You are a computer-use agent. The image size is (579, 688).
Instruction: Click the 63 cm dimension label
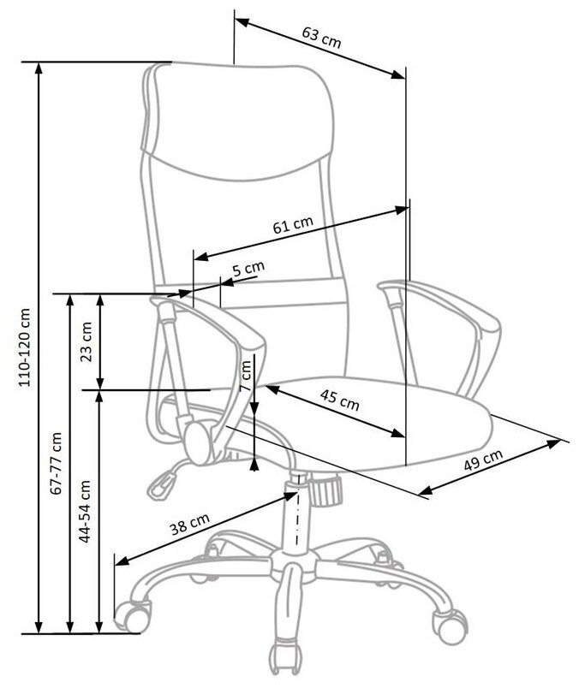point(321,37)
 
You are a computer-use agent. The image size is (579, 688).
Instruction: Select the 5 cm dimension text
point(248,269)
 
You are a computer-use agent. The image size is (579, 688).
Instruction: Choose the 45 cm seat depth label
point(339,399)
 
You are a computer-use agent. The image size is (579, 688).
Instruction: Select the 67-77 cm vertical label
point(57,462)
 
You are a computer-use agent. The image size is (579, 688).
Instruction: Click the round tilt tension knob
point(325,489)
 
